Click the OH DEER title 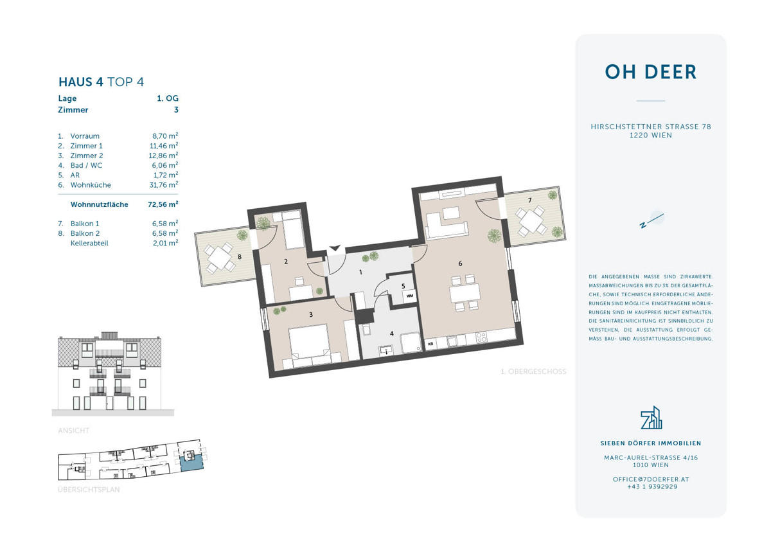tap(651, 72)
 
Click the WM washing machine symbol tap(409, 296)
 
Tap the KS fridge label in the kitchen tap(430, 344)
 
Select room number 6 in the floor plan tap(460, 263)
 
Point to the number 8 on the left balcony tap(239, 257)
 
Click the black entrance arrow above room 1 tap(335, 247)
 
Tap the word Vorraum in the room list tap(85, 136)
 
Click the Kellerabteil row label tap(90, 243)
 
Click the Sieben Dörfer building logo tap(651, 418)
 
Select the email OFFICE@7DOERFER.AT tap(651, 479)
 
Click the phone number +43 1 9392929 tap(651, 487)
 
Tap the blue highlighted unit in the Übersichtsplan tap(190, 460)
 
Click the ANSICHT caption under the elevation tap(74, 431)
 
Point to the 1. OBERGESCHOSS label tap(533, 371)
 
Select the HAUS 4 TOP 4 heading tap(101, 82)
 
